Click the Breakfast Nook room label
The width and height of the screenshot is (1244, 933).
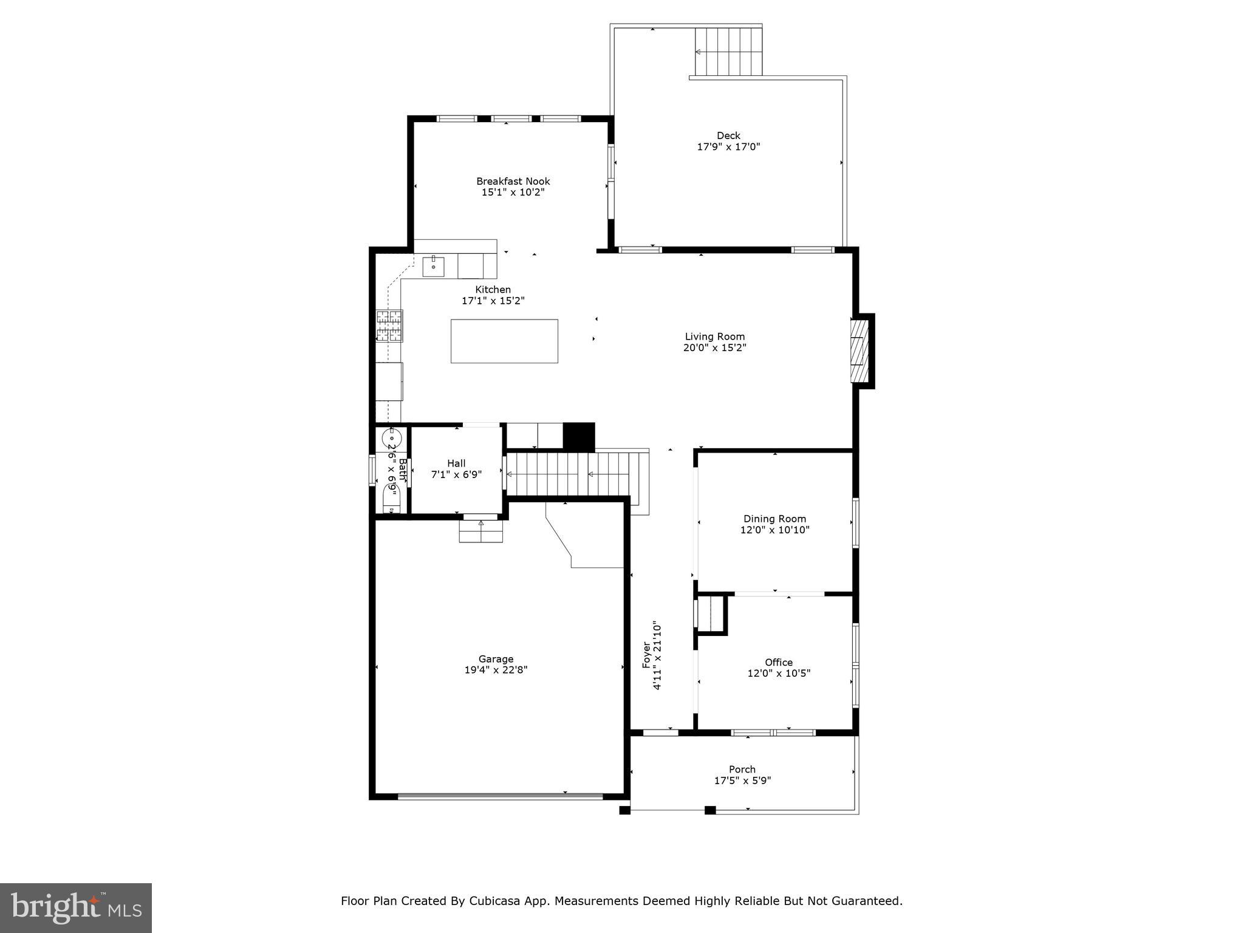click(x=513, y=181)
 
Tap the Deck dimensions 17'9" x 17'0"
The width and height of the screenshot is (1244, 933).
click(x=728, y=146)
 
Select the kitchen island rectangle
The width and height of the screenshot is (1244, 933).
click(x=504, y=341)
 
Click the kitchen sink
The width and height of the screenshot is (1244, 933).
click(x=433, y=267)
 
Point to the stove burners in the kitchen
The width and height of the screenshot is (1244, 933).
click(x=389, y=326)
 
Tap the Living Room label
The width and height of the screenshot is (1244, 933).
click(x=714, y=337)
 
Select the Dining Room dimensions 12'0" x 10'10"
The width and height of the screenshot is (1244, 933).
click(x=774, y=530)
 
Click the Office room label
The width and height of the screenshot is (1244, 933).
click(x=778, y=662)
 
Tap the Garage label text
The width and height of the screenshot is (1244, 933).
click(x=496, y=659)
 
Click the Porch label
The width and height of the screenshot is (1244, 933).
click(x=742, y=769)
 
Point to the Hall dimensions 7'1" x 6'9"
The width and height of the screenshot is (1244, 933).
click(x=456, y=474)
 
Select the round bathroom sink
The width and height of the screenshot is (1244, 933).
click(x=392, y=437)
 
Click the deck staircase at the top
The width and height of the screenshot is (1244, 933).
click(x=728, y=51)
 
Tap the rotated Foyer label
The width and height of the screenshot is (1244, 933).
click(x=646, y=655)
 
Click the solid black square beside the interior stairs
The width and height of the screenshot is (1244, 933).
click(x=578, y=436)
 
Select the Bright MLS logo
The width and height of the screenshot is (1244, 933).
click(x=76, y=907)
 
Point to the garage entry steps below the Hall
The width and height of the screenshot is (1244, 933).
click(x=480, y=531)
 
